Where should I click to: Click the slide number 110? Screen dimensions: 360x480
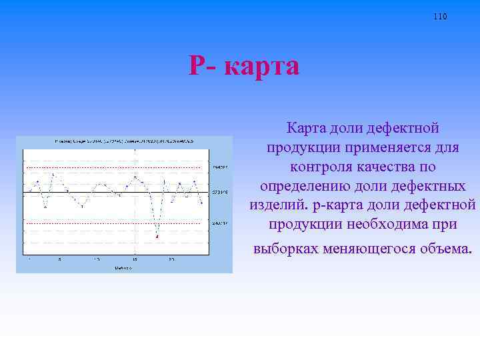click(440, 16)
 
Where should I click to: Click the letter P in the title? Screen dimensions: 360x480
click(199, 66)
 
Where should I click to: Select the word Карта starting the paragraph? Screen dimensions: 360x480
click(307, 127)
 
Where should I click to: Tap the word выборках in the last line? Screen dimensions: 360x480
click(285, 249)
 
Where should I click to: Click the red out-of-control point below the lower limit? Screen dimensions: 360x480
click(157, 236)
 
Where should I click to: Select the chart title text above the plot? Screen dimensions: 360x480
click(124, 141)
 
